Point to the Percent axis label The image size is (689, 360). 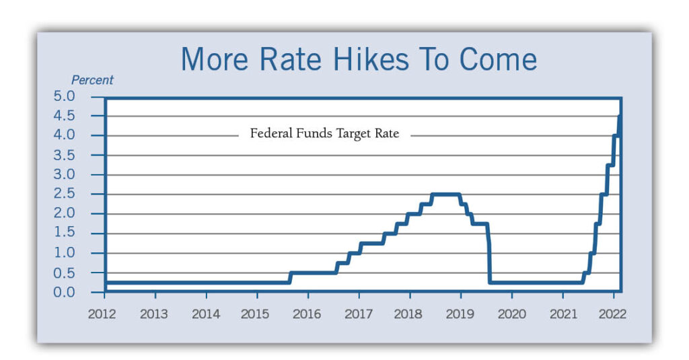tap(92, 80)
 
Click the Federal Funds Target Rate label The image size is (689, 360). tap(324, 133)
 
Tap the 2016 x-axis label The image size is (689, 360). tap(307, 314)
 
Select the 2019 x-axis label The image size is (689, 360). tap(460, 314)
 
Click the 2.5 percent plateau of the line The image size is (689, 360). tap(445, 194)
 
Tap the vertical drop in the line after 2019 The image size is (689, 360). tap(489, 259)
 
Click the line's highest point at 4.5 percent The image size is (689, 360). tap(618, 118)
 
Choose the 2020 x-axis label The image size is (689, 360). tap(511, 314)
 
